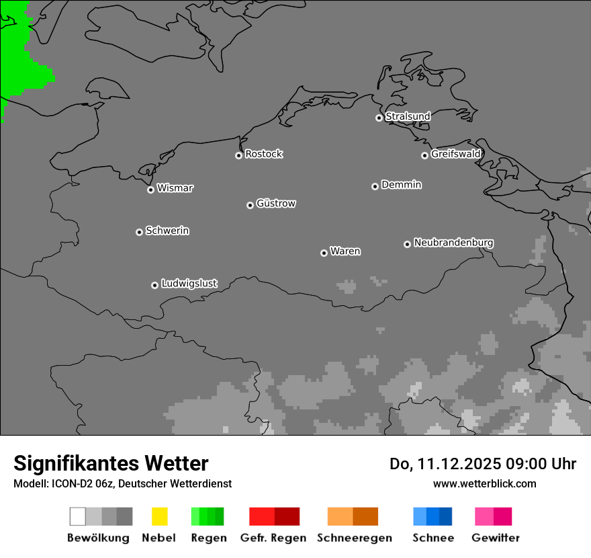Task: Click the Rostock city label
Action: (x=264, y=154)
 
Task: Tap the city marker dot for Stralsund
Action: (x=379, y=118)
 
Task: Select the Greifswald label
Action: (x=456, y=154)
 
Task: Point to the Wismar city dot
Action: (x=150, y=190)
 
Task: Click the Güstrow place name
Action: (x=276, y=203)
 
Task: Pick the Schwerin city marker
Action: (x=139, y=232)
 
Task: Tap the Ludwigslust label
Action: (x=189, y=284)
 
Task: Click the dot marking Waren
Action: (x=324, y=253)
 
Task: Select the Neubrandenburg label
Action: (x=454, y=243)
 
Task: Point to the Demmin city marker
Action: (x=375, y=186)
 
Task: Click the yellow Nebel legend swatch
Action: (x=159, y=516)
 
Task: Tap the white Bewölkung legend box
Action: (x=78, y=516)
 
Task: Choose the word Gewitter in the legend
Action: (x=496, y=538)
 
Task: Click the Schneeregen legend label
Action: (x=355, y=538)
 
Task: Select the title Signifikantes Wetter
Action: (x=111, y=464)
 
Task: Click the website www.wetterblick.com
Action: (x=484, y=483)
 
